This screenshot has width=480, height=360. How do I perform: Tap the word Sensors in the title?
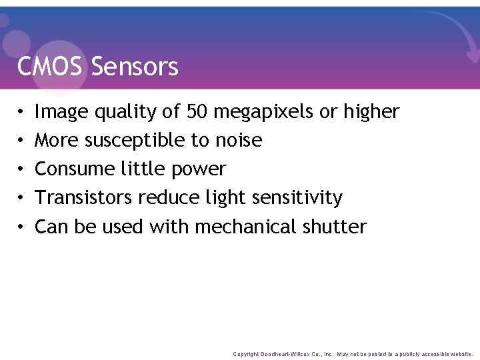click(135, 67)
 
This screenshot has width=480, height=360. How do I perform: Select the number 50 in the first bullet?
click(197, 111)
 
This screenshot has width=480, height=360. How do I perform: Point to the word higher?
click(371, 113)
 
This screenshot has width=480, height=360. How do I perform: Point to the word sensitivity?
click(301, 199)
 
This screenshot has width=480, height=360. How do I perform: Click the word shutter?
click(334, 227)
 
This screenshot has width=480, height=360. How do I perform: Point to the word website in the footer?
click(461, 354)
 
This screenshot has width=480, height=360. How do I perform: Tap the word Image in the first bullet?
click(61, 113)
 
